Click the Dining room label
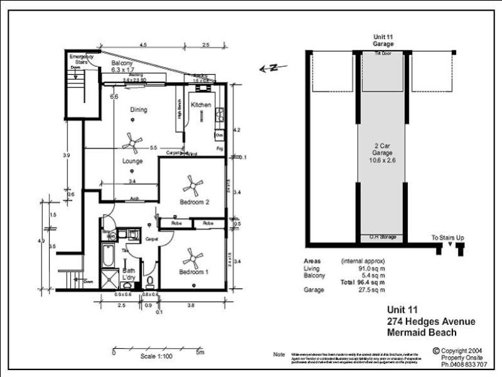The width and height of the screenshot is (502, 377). point(139,110)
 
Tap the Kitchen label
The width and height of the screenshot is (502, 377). point(201,104)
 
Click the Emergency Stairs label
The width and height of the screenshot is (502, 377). point(82,60)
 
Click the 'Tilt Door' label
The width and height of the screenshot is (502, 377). point(383,55)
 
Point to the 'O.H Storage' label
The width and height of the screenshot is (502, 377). point(383,237)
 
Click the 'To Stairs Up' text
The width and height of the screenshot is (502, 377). point(447,238)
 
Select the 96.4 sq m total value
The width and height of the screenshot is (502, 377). point(371,283)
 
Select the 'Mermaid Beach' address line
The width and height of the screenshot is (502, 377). point(421,332)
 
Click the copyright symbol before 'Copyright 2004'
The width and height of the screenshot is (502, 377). point(435,351)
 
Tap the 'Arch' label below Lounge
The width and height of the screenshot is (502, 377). point(134,199)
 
